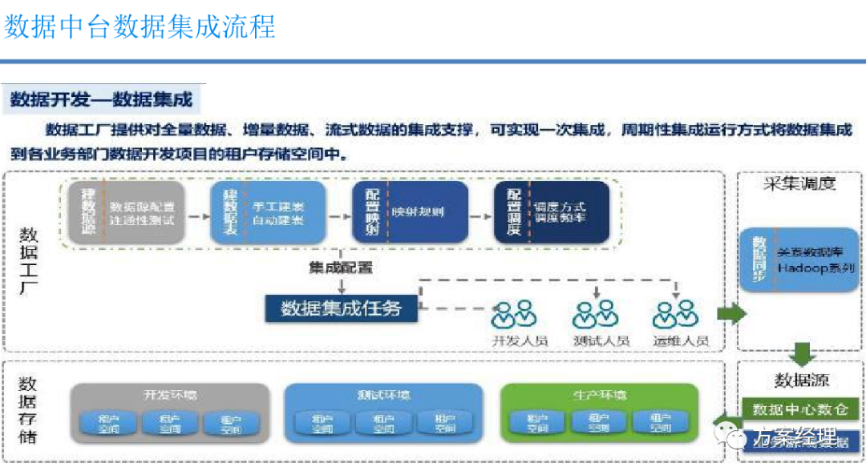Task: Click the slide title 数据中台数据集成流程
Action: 140,26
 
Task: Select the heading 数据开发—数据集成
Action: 102,100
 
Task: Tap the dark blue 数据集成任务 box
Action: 341,308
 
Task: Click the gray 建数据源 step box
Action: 127,212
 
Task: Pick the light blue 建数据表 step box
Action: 268,212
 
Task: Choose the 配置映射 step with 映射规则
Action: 410,212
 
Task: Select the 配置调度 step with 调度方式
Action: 551,212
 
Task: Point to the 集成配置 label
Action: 341,268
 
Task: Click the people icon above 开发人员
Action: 512,315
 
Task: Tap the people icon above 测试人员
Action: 596,315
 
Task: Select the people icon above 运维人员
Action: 676,315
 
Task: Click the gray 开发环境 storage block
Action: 170,413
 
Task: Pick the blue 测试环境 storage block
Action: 383,413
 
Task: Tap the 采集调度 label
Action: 799,183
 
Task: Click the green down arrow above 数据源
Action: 801,353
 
